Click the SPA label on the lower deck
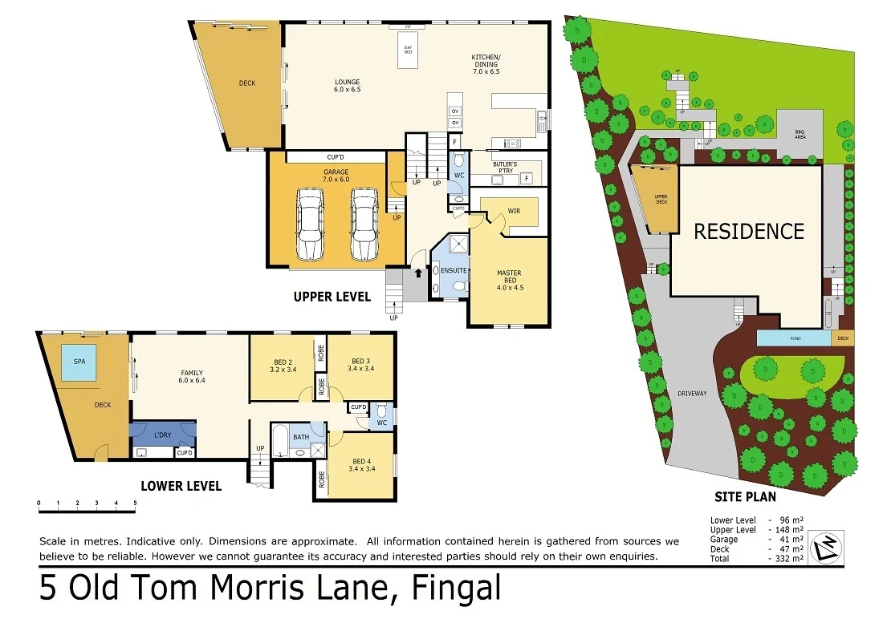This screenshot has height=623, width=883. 79,362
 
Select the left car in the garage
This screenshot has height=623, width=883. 309,225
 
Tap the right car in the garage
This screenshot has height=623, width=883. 364,225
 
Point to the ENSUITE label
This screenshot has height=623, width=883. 453,271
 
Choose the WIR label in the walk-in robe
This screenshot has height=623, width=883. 513,212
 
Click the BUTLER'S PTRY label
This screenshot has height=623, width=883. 505,168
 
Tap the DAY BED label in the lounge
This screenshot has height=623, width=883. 408,50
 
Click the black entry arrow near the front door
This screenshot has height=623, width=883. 417,273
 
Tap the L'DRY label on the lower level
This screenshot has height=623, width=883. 162,435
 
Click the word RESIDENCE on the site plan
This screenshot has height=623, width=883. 748,232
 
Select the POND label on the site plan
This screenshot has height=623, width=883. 794,338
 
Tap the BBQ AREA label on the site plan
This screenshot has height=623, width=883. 800,134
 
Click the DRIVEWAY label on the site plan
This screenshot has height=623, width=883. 692,394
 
